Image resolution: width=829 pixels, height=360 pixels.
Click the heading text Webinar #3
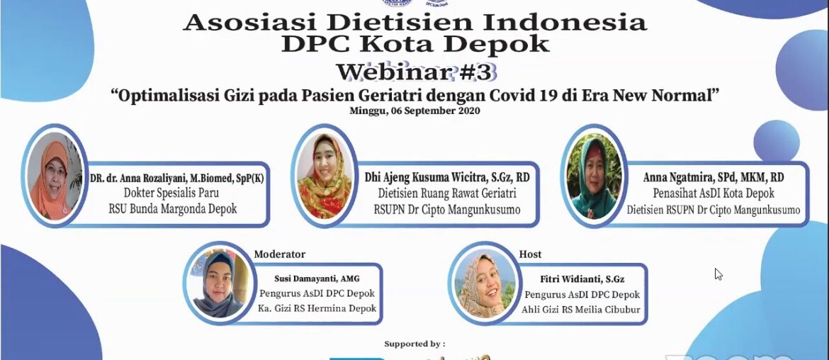coord(416,72)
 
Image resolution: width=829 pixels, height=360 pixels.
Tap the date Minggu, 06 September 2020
coord(414,111)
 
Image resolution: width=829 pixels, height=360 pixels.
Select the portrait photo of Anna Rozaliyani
coord(52,175)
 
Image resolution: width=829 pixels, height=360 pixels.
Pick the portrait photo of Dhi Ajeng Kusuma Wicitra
coord(325,175)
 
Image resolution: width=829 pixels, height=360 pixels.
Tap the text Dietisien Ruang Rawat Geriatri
coord(445,193)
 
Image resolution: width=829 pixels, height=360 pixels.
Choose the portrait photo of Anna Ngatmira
coord(594,175)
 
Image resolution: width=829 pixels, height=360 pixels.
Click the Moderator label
coord(279,254)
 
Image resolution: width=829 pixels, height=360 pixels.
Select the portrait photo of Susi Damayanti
coord(217,283)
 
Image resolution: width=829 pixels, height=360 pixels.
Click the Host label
coord(530,254)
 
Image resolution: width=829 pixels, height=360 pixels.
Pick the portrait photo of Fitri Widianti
coord(482,283)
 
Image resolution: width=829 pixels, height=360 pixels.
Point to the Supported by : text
coord(414,344)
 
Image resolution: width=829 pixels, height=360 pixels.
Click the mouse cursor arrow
coord(718,274)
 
